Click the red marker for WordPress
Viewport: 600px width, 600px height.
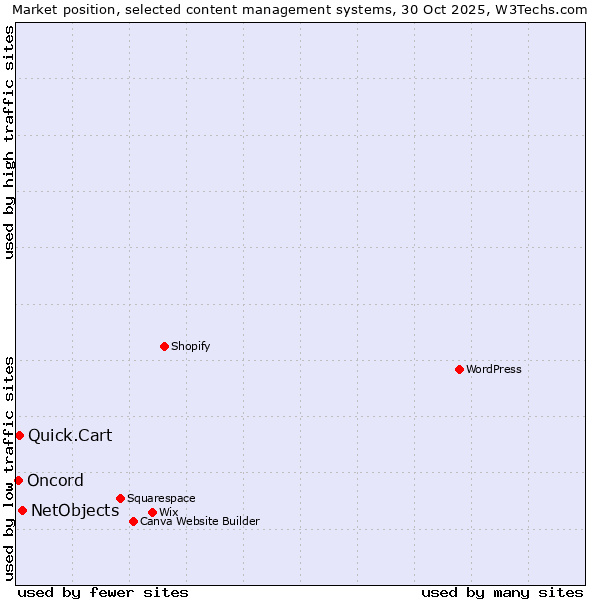(459, 369)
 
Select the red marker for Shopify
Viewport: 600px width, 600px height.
(164, 346)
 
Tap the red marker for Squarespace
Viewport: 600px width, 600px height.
(120, 498)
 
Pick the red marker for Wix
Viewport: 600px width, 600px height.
(152, 512)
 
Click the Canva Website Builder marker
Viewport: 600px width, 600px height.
(133, 521)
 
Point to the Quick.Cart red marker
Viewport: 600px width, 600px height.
(19, 435)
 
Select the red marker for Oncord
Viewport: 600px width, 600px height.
(18, 480)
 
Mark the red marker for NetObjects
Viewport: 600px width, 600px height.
(22, 510)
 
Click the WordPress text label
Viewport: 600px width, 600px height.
(494, 369)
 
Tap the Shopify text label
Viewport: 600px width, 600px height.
(190, 346)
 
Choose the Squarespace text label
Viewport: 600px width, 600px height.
(161, 498)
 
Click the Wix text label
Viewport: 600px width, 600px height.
(168, 512)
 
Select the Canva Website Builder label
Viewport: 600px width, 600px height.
(199, 521)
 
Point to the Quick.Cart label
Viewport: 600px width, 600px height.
(70, 435)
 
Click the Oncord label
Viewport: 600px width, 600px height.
(55, 480)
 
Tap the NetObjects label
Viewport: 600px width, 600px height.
(75, 510)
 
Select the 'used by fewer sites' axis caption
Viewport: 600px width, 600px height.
(103, 592)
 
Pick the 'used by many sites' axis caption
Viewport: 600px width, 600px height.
(502, 592)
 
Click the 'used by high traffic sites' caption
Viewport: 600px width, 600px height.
(9, 142)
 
